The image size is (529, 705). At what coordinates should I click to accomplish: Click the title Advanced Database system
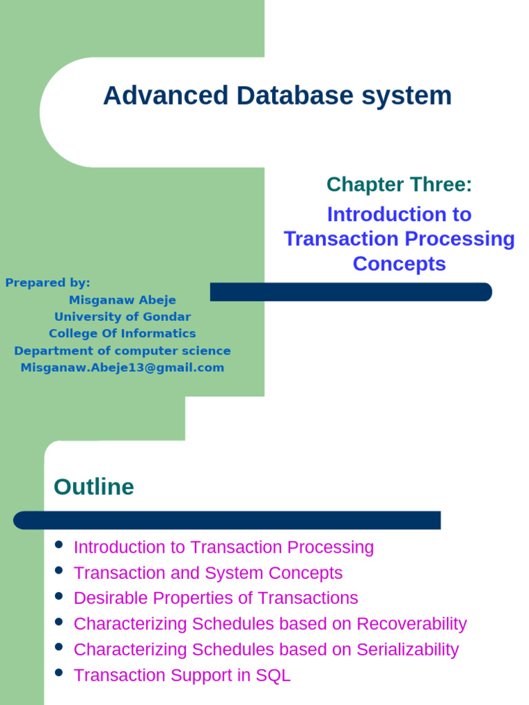click(x=277, y=96)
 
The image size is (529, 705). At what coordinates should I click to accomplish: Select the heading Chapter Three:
click(x=399, y=185)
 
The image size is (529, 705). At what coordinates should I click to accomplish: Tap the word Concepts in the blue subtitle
click(x=399, y=264)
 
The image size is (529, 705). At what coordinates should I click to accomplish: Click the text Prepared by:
click(x=48, y=282)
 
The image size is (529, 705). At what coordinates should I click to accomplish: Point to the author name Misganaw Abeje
click(x=123, y=299)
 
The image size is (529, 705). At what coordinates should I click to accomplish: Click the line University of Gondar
click(x=123, y=317)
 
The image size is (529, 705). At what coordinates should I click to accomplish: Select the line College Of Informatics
click(x=123, y=333)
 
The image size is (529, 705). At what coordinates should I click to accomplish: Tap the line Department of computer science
click(x=123, y=350)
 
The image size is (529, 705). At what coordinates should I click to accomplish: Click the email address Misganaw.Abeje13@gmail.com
click(x=123, y=368)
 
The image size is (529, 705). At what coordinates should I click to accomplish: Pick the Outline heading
click(x=94, y=487)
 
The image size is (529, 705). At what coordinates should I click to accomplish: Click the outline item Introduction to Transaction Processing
click(x=223, y=547)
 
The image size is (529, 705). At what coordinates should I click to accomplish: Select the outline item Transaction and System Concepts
click(x=207, y=573)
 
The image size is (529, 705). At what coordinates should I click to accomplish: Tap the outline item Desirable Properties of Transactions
click(x=216, y=598)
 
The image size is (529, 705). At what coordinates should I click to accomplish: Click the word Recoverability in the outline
click(x=411, y=624)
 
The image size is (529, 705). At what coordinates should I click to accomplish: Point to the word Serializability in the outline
click(x=406, y=649)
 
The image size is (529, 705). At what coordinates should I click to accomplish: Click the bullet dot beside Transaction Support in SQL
click(x=59, y=673)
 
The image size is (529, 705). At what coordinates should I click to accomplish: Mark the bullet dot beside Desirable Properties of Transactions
click(x=59, y=596)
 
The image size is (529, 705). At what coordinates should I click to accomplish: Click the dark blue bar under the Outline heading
click(x=227, y=520)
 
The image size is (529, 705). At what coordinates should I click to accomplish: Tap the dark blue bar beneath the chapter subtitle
click(x=351, y=292)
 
